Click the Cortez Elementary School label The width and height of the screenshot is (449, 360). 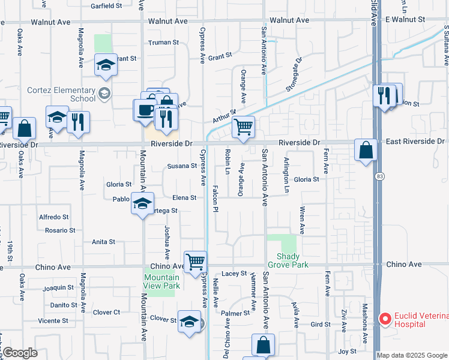tap(61, 94)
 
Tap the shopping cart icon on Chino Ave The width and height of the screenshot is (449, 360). tap(196, 262)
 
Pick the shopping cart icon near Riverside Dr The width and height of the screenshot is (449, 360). tap(243, 127)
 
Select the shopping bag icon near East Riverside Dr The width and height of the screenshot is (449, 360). tap(366, 149)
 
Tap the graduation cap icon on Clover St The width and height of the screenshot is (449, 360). tap(189, 321)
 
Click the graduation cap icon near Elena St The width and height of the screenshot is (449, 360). tap(143, 203)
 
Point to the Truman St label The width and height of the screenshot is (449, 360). tap(164, 43)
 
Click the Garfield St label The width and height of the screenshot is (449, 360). tap(106, 6)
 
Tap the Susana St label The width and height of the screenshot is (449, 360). tap(182, 166)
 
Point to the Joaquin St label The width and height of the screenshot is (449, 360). tap(62, 287)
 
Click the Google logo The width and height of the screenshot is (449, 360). tap(19, 353)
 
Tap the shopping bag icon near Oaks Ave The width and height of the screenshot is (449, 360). tap(25, 128)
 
